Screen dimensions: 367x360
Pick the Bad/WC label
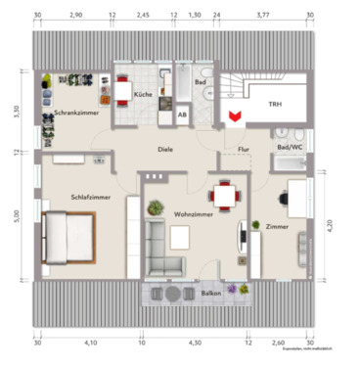(x=290, y=147)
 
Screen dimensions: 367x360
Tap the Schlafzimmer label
(x=90, y=196)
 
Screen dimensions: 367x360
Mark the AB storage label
(x=182, y=114)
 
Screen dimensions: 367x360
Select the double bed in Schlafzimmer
(x=68, y=237)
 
